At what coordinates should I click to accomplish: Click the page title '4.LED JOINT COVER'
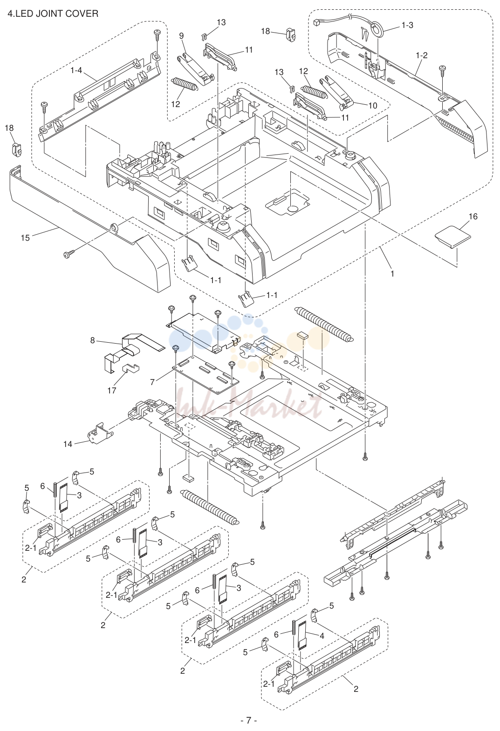53,14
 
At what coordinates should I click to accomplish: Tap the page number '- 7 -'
249,719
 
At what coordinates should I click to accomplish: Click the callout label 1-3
407,25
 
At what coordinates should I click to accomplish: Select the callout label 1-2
422,55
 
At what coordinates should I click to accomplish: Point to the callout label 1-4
76,70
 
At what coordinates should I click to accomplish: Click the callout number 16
473,217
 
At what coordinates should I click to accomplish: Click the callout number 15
25,238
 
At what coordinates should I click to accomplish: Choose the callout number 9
181,36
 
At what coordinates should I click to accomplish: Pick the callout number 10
373,105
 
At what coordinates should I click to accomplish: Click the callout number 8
92,340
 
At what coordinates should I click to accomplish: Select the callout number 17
112,390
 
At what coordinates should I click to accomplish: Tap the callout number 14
68,444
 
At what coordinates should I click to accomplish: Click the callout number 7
152,382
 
